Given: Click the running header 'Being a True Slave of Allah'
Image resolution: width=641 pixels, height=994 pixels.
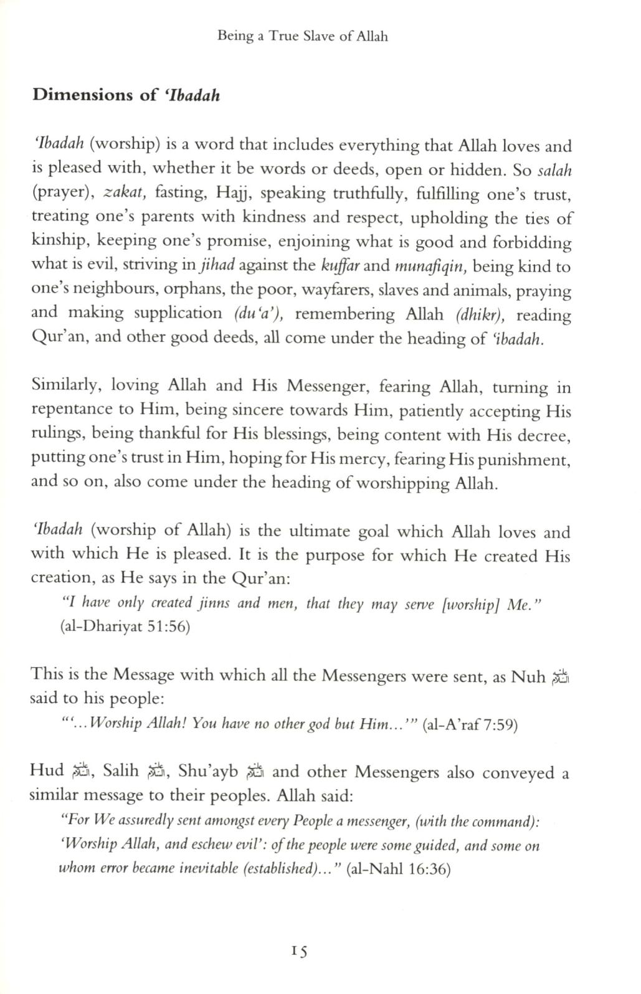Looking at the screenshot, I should click(x=303, y=37).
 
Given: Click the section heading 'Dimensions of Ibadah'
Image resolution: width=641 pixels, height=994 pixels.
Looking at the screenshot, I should click(x=126, y=95).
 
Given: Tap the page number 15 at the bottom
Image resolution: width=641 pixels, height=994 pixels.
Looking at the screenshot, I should click(x=299, y=951).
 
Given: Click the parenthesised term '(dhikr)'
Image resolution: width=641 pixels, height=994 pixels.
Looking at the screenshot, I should click(x=480, y=314).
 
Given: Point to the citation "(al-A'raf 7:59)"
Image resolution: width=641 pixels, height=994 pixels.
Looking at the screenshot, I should click(x=470, y=724).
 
